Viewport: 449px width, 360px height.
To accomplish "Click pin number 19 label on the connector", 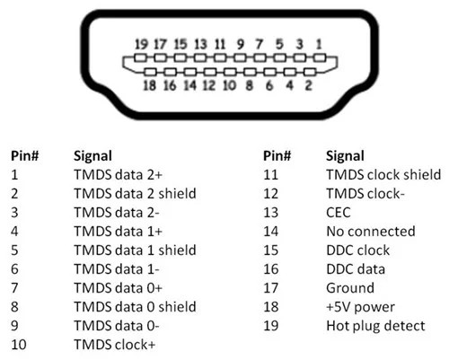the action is pos(141,44).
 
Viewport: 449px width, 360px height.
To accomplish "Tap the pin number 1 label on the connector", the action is pos(319,44).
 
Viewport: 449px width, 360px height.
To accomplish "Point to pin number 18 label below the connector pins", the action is pos(150,85).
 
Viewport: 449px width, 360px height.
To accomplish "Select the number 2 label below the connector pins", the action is pos(309,85).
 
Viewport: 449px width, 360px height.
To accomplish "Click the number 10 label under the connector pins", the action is pos(230,85).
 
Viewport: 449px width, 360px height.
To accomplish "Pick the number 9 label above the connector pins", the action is pos(240,44).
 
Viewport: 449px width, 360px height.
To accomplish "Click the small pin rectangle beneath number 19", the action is pos(140,57).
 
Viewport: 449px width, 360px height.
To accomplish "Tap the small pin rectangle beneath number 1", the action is pos(320,57).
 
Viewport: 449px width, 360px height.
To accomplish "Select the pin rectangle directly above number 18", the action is pos(150,72).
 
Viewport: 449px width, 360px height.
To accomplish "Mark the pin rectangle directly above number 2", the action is pos(310,72).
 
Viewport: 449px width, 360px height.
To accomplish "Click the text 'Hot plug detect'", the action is pos(375,326).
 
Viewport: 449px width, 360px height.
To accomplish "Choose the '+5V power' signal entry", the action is pos(360,307).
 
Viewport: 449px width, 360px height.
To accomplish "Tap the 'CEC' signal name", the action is pos(339,213).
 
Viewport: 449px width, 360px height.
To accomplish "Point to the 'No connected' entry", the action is pos(371,232).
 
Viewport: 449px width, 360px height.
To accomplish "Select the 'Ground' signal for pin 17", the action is pos(350,288).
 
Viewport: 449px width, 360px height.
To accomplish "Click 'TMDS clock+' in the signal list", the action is pos(115,345).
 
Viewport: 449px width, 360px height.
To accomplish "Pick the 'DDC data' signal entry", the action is pos(356,269).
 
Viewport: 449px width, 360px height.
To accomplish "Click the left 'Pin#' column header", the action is pos(25,156).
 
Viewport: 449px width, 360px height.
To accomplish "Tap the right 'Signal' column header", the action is pos(345,156).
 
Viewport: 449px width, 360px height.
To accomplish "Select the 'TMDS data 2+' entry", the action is pos(119,175).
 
